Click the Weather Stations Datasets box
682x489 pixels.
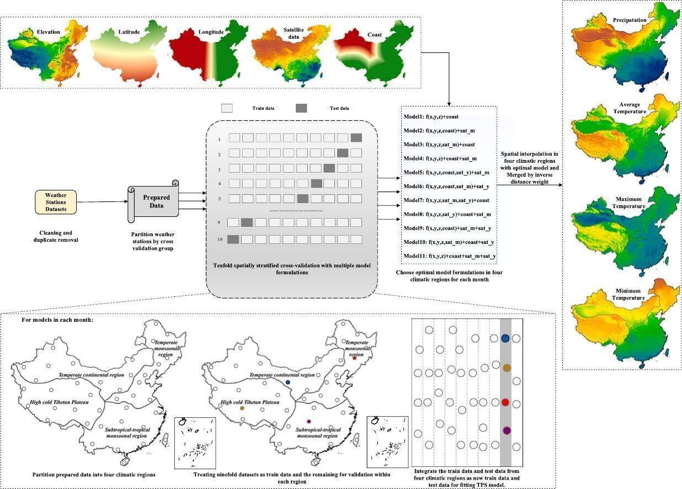pos(56,202)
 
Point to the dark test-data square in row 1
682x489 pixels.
pos(356,137)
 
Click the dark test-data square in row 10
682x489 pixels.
pos(233,239)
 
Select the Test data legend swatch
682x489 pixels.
pos(302,108)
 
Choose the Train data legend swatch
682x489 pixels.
pos(227,108)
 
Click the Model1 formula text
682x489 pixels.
pos(431,116)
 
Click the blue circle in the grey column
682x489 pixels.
pos(505,338)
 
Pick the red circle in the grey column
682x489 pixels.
pos(505,402)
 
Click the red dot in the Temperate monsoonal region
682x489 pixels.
pos(354,358)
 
